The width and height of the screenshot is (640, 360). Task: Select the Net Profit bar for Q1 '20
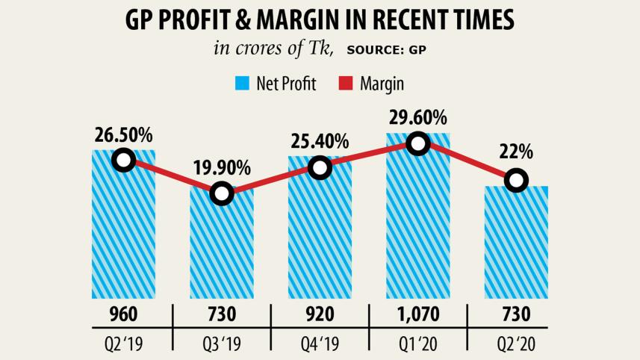[418, 224]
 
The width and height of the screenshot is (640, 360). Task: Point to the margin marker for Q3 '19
[222, 193]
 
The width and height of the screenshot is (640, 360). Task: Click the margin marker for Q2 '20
[515, 180]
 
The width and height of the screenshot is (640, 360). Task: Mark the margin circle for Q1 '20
[418, 143]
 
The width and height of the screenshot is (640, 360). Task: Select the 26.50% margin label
[123, 135]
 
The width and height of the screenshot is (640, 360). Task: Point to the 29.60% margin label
[418, 118]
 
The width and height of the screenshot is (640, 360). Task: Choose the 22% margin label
[516, 152]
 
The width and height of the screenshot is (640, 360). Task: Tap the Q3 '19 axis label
[222, 345]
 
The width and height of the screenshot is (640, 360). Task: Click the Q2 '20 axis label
[516, 345]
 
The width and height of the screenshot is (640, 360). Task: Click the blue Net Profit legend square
[242, 84]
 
